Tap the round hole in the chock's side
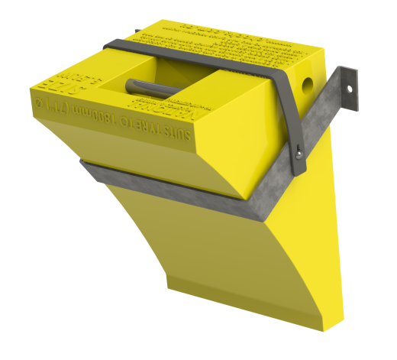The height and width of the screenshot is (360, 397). coord(308,79)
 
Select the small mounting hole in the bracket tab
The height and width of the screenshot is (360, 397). coord(351,88)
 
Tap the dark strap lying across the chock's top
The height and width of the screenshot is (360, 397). coord(191,57)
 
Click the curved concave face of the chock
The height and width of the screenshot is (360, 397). coord(198,252)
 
